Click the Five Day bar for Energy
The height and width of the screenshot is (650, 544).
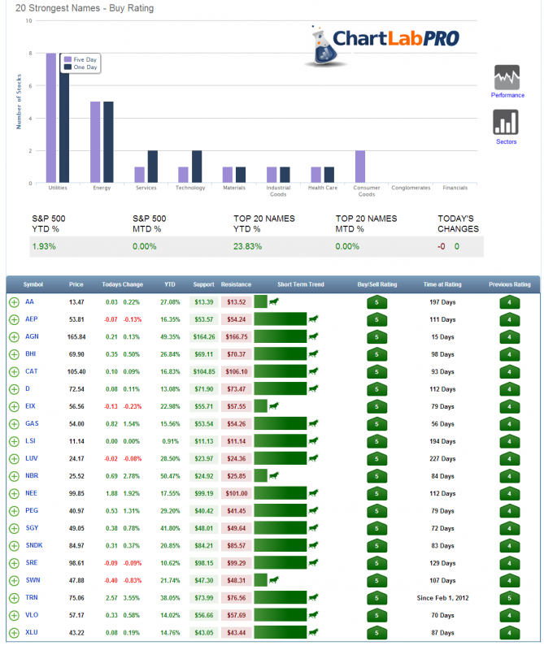[95, 142]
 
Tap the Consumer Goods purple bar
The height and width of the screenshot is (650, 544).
[360, 167]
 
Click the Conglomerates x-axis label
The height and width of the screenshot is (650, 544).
[411, 188]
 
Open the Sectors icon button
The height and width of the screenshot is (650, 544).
[507, 126]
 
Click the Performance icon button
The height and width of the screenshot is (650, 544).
[507, 81]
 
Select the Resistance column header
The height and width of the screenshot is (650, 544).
[236, 284]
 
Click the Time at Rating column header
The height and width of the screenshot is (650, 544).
[442, 284]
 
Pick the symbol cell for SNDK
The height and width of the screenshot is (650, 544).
[34, 545]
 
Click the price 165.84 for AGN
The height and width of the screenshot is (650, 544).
[76, 336]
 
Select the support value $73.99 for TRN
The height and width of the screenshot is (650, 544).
[204, 597]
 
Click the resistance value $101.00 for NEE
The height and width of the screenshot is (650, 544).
[236, 493]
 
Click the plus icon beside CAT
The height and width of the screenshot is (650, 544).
[14, 371]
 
